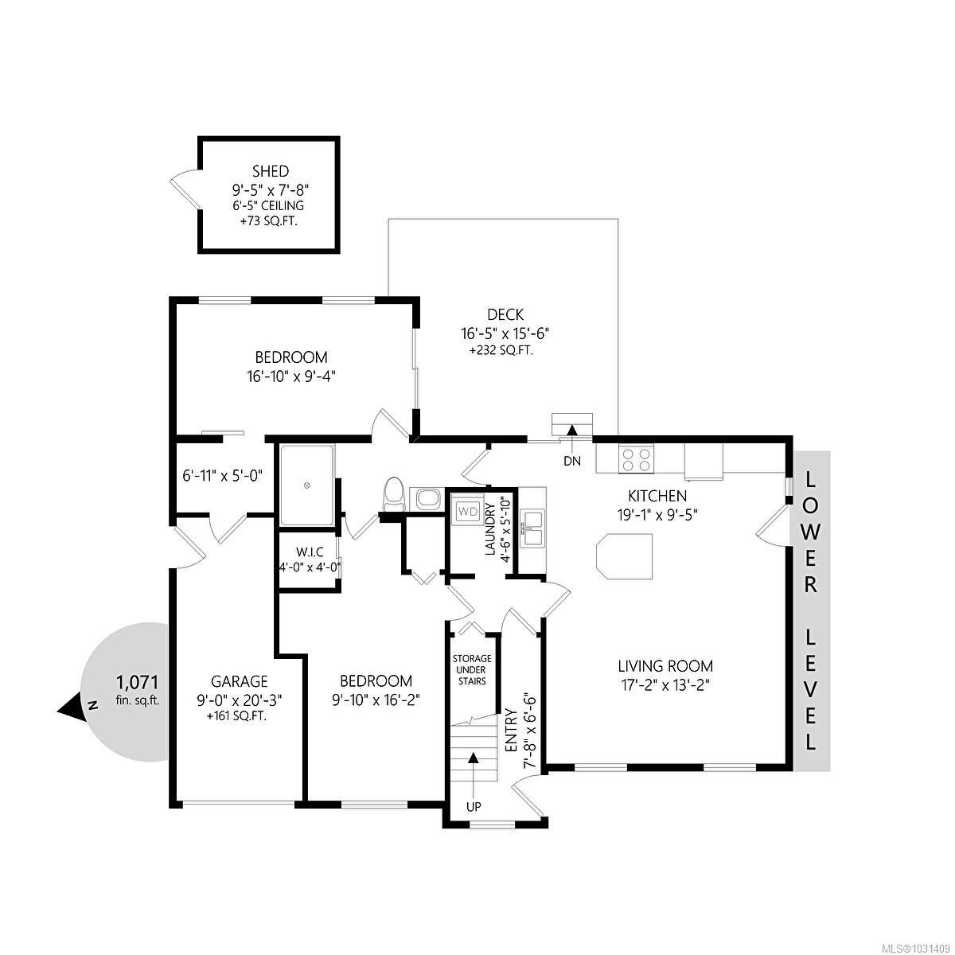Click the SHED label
point(270,171)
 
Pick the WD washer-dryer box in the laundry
point(469,511)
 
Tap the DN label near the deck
point(571,461)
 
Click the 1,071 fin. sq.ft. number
point(138,682)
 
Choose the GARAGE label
point(239,681)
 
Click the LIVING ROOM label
point(665,666)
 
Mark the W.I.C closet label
point(309,552)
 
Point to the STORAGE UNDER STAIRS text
point(472,670)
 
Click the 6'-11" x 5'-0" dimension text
point(222,476)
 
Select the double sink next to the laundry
point(532,529)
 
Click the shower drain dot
point(306,485)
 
